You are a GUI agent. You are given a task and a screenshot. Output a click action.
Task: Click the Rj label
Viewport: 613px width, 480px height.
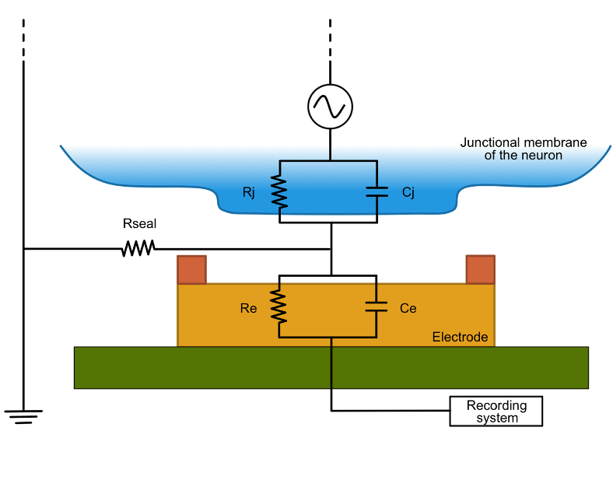pyautogui.click(x=249, y=192)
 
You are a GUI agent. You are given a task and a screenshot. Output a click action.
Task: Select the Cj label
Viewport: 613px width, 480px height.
pyautogui.click(x=408, y=192)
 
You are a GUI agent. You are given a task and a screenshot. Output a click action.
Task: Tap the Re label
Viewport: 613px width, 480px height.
pyautogui.click(x=249, y=308)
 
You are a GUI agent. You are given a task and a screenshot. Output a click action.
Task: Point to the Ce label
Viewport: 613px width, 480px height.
pyautogui.click(x=408, y=308)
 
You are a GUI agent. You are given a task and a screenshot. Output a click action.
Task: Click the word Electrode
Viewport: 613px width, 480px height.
pyautogui.click(x=460, y=337)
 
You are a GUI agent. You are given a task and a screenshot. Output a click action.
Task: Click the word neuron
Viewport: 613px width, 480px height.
pyautogui.click(x=543, y=155)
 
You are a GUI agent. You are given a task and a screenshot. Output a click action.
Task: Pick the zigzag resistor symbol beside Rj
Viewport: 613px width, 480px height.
pyautogui.click(x=279, y=192)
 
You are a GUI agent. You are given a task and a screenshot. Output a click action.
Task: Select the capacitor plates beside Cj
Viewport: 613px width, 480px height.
pyautogui.click(x=377, y=191)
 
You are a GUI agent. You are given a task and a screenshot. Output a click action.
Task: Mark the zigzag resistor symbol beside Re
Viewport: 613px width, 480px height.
pyautogui.click(x=279, y=307)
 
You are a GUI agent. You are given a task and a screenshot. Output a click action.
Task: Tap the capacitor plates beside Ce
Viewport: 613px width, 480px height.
pyautogui.click(x=377, y=307)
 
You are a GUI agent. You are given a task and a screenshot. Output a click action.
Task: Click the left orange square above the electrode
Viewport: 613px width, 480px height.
pyautogui.click(x=191, y=269)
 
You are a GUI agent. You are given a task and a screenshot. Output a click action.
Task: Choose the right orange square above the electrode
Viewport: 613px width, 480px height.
pyautogui.click(x=480, y=269)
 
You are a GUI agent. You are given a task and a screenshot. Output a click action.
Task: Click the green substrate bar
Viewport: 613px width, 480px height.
pyautogui.click(x=194, y=367)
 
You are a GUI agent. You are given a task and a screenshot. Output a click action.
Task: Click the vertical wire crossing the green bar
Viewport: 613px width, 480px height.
pyautogui.click(x=331, y=367)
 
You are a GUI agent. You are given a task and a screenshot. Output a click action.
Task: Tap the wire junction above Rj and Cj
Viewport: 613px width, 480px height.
pyautogui.click(x=330, y=161)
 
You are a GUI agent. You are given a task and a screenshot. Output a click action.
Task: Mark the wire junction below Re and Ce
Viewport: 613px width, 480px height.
pyautogui.click(x=331, y=338)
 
